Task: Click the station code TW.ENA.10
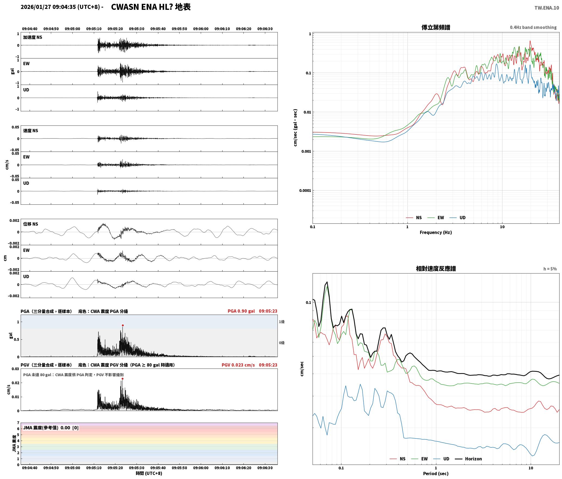(x=547, y=8)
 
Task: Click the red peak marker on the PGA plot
(x=123, y=325)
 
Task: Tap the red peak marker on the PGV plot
(x=122, y=379)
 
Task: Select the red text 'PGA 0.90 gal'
(x=241, y=311)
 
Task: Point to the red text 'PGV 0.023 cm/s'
(x=238, y=365)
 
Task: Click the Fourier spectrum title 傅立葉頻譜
(x=436, y=27)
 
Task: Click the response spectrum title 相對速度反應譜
(x=436, y=269)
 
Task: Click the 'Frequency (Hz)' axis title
(x=436, y=232)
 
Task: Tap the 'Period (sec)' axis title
(x=436, y=474)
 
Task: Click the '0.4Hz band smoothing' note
(x=533, y=27)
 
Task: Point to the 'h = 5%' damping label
(x=550, y=269)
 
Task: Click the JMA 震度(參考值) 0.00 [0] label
(x=51, y=428)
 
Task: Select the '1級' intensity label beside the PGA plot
(x=282, y=322)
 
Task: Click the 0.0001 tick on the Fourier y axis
(x=305, y=191)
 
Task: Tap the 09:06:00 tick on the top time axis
(x=201, y=29)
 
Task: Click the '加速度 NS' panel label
(x=33, y=37)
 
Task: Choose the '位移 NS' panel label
(x=30, y=224)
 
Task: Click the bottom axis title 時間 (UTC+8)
(x=149, y=473)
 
